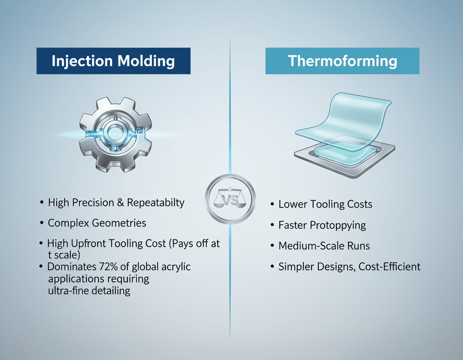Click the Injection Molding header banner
pos(113,61)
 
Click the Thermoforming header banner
pos(342,61)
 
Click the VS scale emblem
pos(230,200)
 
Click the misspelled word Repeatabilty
pos(156,202)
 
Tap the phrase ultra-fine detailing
pos(89,290)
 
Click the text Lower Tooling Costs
pos(325,204)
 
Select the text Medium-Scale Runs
pos(324,245)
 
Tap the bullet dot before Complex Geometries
pos(42,223)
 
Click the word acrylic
pos(175,266)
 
